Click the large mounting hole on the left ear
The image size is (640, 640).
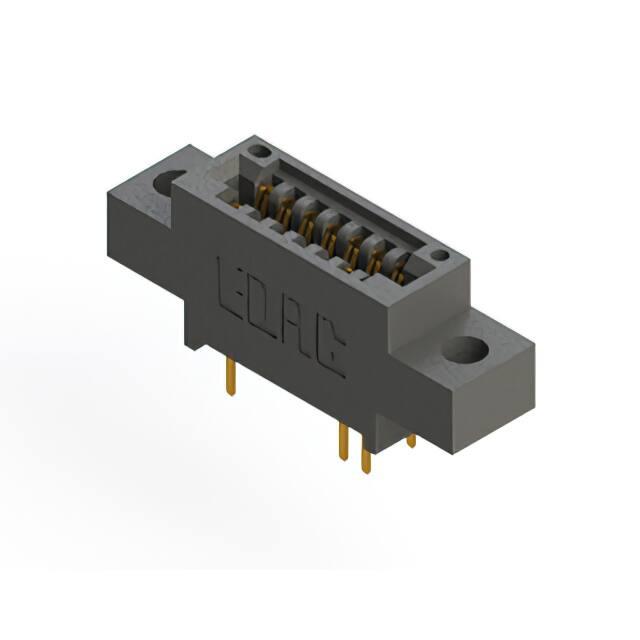click(x=167, y=182)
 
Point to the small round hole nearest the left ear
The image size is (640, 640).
click(x=258, y=152)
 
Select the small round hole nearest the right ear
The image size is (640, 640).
click(x=440, y=256)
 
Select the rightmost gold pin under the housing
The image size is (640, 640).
click(x=411, y=440)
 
